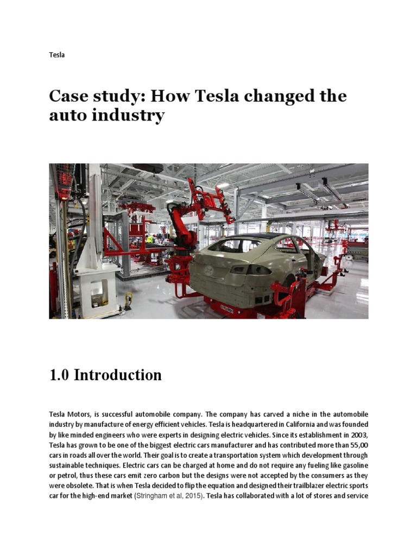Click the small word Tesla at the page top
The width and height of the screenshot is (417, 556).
56,55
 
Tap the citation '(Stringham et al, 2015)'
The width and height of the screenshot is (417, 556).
169,496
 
